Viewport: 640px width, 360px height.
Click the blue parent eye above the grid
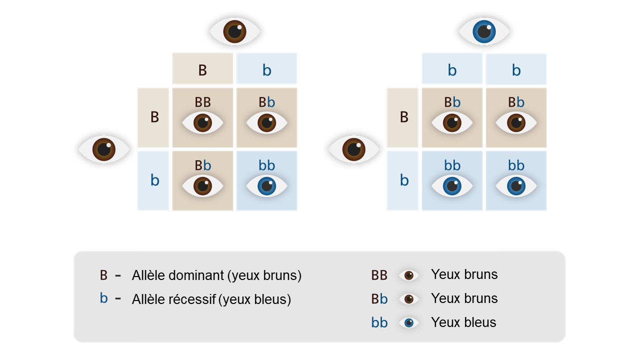[x=484, y=32]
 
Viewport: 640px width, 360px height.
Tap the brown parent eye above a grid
[x=234, y=31]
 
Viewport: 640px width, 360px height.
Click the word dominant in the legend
[x=198, y=275]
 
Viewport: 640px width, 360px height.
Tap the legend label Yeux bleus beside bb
[x=463, y=322]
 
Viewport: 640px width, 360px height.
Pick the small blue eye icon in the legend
[x=408, y=322]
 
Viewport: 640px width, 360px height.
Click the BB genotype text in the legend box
[x=379, y=275]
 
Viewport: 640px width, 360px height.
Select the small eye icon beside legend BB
[x=408, y=275]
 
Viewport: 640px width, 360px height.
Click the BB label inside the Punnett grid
[x=202, y=102]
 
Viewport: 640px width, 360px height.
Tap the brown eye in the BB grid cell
[x=202, y=122]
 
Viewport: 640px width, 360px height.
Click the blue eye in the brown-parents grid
[x=266, y=186]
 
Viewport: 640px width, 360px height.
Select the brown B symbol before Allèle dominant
[x=103, y=275]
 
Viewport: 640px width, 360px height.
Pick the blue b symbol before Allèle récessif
[x=103, y=298]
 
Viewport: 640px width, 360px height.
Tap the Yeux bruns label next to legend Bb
[x=464, y=298]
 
